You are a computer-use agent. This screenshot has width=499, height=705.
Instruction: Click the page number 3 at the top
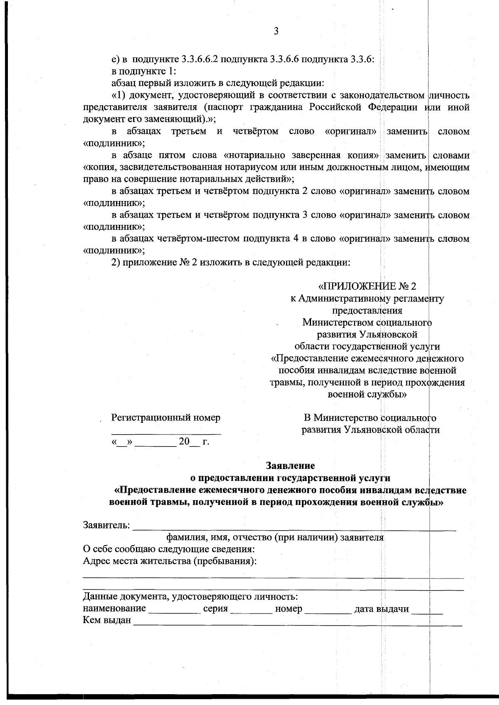pos(276,32)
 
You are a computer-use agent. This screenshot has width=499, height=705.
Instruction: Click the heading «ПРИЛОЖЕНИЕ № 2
pos(367,286)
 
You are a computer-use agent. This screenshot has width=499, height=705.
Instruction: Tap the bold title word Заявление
pos(290,465)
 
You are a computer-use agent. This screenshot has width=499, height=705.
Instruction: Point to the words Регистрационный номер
pos(166,417)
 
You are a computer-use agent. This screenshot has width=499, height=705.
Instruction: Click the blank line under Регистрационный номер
pos(166,433)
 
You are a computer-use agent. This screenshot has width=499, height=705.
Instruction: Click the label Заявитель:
pos(107,525)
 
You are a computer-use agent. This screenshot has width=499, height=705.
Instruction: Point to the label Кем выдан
pos(107,621)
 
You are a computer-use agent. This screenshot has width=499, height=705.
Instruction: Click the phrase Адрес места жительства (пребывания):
pos(170,561)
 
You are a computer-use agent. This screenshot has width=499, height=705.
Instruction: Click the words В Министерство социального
pos(370,417)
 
